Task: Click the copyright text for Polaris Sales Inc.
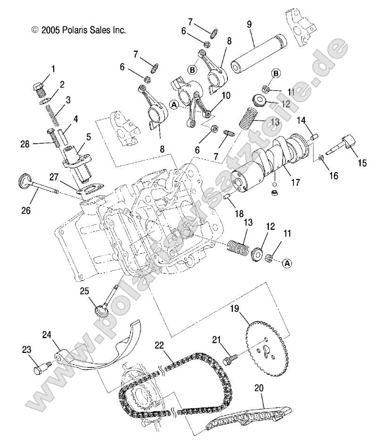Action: tap(78, 29)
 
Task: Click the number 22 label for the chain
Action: tap(159, 345)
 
